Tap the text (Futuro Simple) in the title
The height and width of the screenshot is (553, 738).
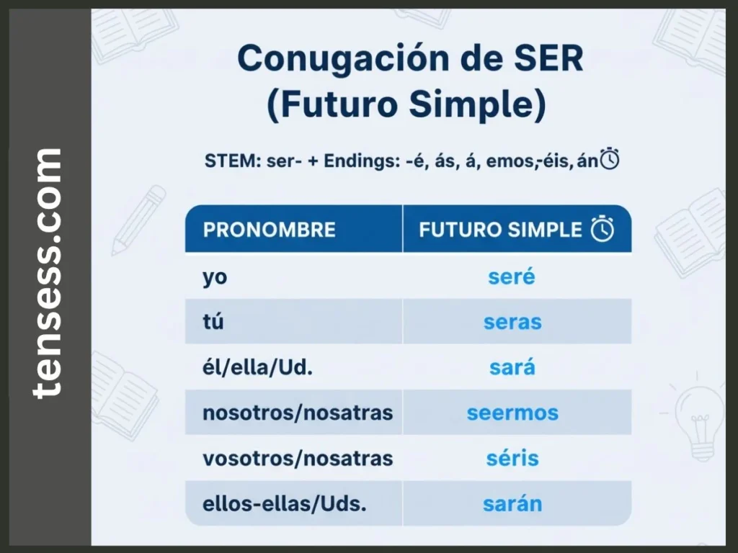tap(406, 105)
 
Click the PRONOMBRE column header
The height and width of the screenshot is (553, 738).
tap(269, 230)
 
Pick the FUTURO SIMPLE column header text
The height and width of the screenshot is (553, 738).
tap(500, 230)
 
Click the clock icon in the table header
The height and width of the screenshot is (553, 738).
tap(603, 230)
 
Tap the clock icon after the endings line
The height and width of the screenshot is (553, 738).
tap(610, 159)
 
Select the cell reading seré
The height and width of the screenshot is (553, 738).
tap(511, 276)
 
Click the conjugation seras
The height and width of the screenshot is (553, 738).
tap(512, 322)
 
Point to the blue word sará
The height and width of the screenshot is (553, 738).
tap(512, 367)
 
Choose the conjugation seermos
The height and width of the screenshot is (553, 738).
tap(512, 413)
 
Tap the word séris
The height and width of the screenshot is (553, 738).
tap(512, 458)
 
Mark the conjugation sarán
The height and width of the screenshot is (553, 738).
tap(512, 503)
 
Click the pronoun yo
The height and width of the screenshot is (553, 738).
tap(215, 277)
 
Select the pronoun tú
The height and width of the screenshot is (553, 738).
tap(213, 322)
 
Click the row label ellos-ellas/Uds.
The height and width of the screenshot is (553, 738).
tap(285, 503)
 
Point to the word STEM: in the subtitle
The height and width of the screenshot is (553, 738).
tap(230, 161)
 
